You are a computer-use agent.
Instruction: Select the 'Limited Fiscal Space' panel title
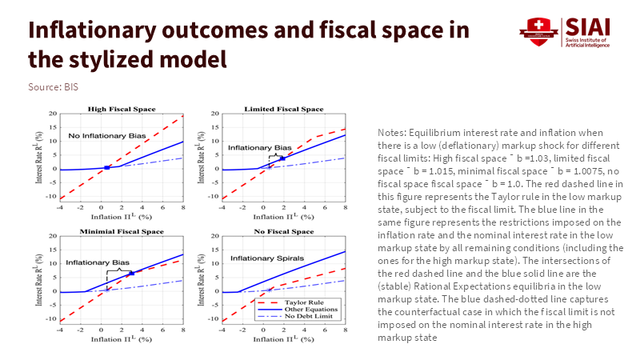pos(285,108)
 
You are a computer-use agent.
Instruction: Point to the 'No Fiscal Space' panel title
pos(285,231)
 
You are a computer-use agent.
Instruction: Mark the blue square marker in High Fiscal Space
pos(106,167)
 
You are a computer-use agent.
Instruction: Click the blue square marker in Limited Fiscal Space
pos(282,158)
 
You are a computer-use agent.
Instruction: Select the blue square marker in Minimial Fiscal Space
pos(130,274)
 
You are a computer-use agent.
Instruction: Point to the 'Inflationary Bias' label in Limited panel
pos(259,148)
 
